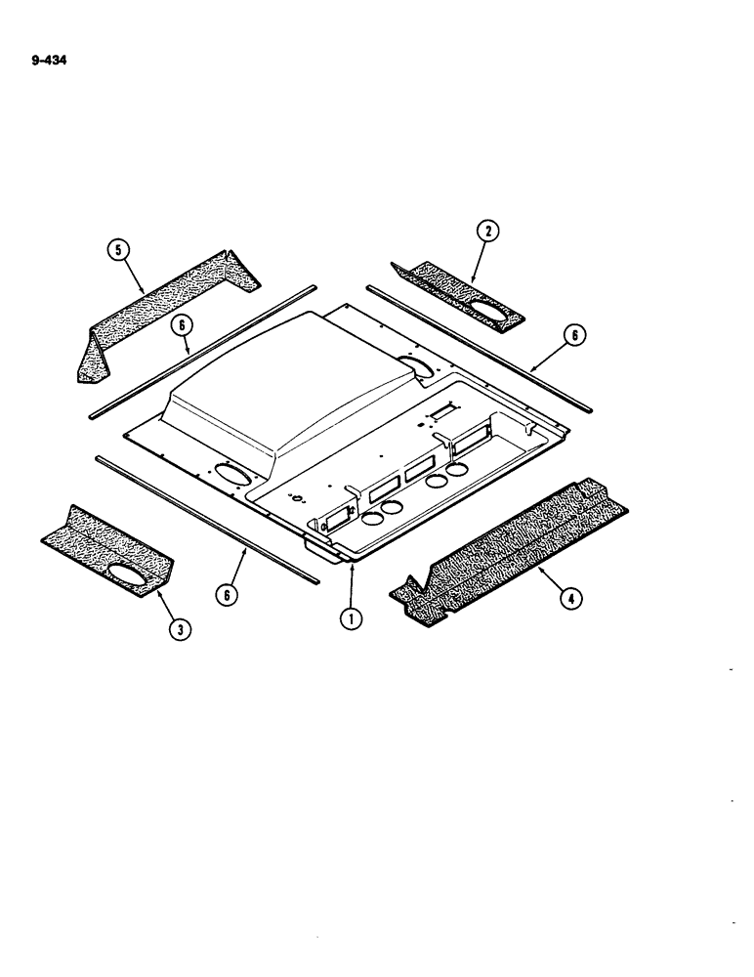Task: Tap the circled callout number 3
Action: [178, 629]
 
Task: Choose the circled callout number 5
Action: [119, 252]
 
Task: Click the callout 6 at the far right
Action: [575, 334]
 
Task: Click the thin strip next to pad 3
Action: [205, 519]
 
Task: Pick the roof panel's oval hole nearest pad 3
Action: [231, 472]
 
